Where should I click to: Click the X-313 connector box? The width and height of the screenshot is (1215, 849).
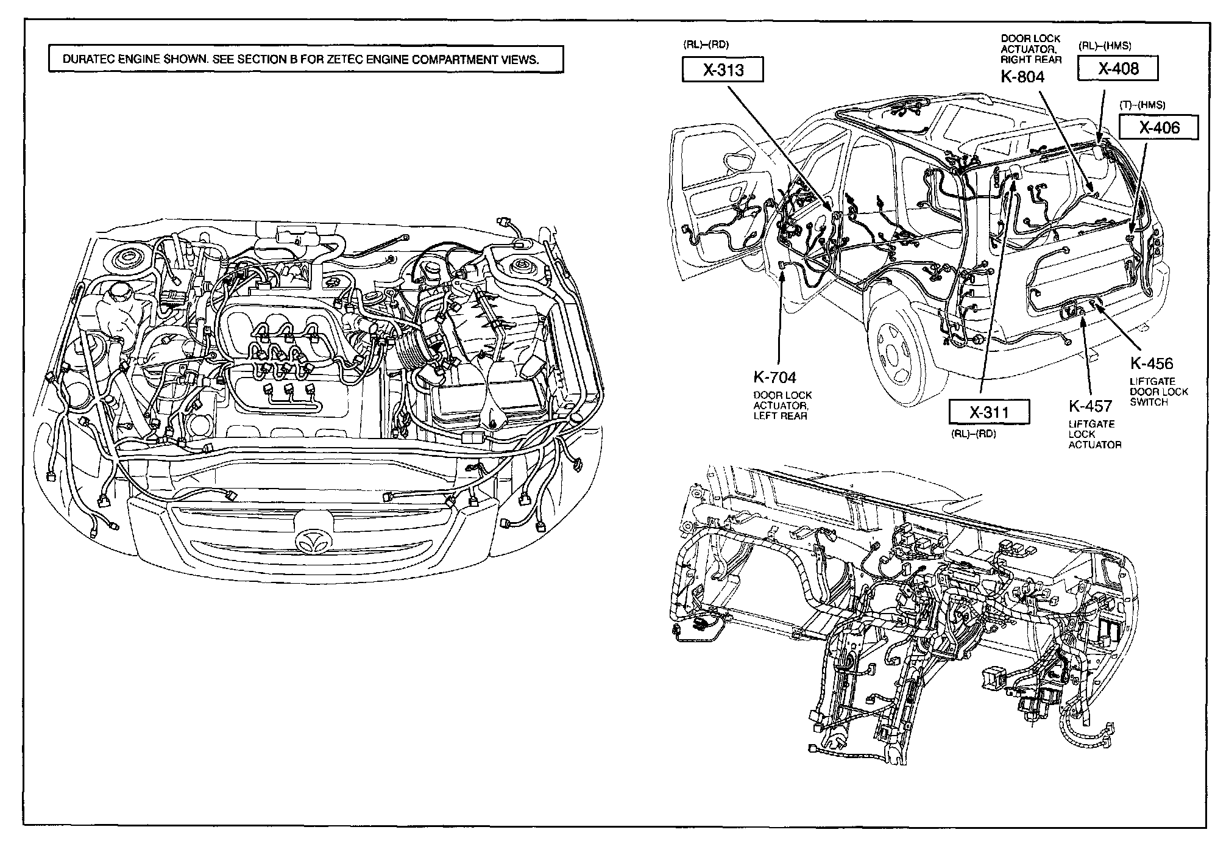(x=722, y=70)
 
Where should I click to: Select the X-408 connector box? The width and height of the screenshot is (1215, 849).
(x=1118, y=68)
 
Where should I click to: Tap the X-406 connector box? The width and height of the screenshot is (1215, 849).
(x=1159, y=127)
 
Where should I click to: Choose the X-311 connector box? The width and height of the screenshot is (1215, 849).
(x=989, y=412)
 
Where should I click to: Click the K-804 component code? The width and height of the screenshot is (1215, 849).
(x=1022, y=77)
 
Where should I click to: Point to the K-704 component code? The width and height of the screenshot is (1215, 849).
(x=774, y=378)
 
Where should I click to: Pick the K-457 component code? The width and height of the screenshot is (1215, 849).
(x=1090, y=406)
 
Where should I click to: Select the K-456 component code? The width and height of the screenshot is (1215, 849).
(x=1151, y=364)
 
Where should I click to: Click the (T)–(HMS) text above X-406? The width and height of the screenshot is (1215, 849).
(x=1142, y=105)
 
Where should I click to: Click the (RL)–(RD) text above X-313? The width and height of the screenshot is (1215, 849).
(x=706, y=45)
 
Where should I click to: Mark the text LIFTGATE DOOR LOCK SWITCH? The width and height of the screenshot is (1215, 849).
(x=1158, y=392)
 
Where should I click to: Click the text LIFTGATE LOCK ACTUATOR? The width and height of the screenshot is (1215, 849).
(x=1094, y=434)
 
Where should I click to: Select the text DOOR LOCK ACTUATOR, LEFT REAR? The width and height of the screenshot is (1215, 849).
(x=782, y=406)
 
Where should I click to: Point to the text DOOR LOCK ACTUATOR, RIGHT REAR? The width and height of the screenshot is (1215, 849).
(x=1031, y=49)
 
